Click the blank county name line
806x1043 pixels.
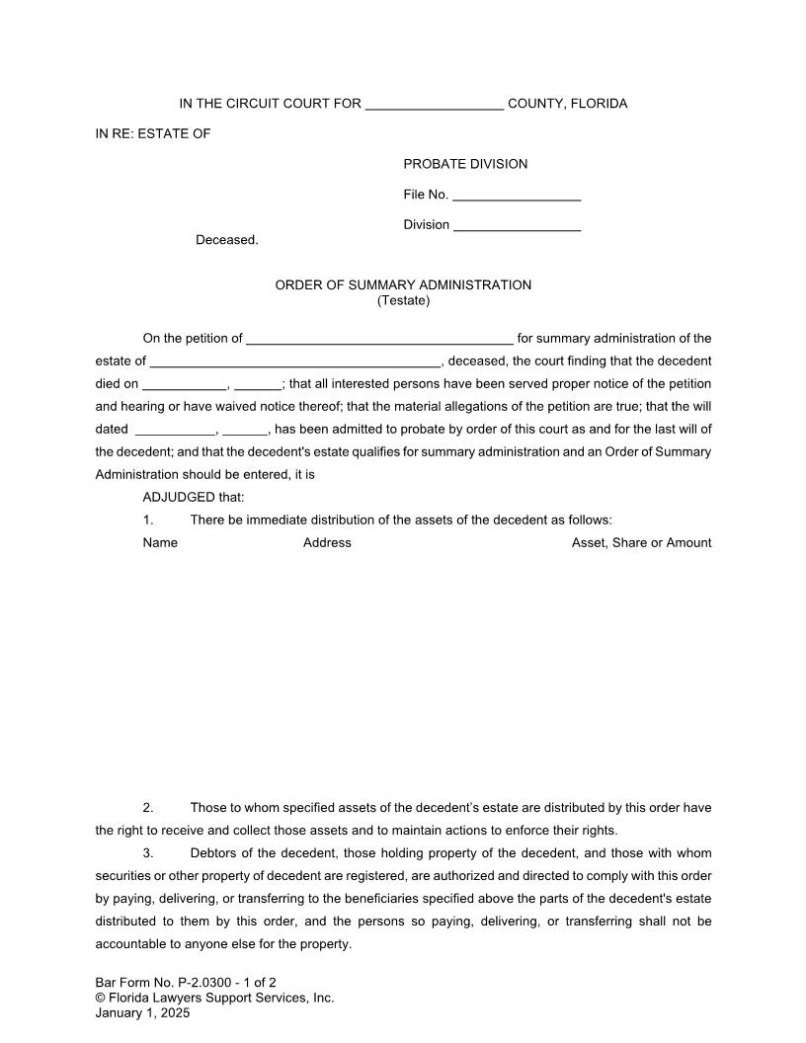pyautogui.click(x=435, y=105)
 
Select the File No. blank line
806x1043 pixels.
pyautogui.click(x=517, y=196)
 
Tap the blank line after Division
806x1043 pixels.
pyautogui.click(x=517, y=226)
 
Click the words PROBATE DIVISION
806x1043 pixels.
pyautogui.click(x=465, y=164)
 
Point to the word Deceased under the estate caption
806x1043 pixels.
pyautogui.click(x=226, y=240)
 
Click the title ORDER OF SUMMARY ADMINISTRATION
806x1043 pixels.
pyautogui.click(x=403, y=285)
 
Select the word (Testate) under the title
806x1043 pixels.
pyautogui.click(x=403, y=300)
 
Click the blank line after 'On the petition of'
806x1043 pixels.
pyautogui.click(x=379, y=340)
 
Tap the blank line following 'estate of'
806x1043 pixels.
pyautogui.click(x=294, y=362)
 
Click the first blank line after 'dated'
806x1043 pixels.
pyautogui.click(x=174, y=431)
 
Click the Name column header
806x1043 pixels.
pyautogui.click(x=160, y=543)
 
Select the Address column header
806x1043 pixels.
pyautogui.click(x=327, y=543)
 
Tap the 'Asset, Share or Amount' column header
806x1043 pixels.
pyautogui.click(x=641, y=543)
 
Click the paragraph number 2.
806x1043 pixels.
pyautogui.click(x=148, y=808)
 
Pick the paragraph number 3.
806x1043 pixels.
pyautogui.click(x=148, y=853)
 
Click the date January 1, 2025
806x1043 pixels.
pyautogui.click(x=142, y=1012)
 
